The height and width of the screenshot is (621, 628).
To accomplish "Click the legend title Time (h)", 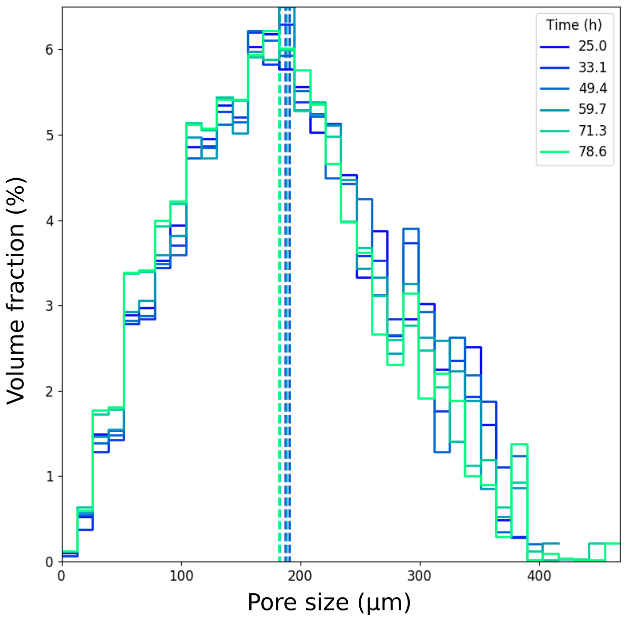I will point(574,25).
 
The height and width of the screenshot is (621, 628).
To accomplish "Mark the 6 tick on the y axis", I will point(49,50).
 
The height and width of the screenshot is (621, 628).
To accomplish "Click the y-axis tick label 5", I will point(49,135).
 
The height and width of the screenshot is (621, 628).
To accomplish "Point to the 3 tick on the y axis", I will point(49,306).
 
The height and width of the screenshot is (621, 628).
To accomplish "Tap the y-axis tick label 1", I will point(49,477).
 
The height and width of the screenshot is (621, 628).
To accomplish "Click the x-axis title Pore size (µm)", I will point(329,602).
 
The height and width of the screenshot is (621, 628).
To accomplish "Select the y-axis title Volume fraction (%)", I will point(16,290).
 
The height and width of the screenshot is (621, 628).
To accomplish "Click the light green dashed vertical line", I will point(280,352).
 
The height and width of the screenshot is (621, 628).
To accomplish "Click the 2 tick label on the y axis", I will point(49,392).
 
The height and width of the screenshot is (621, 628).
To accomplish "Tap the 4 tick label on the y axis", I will point(49,221).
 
